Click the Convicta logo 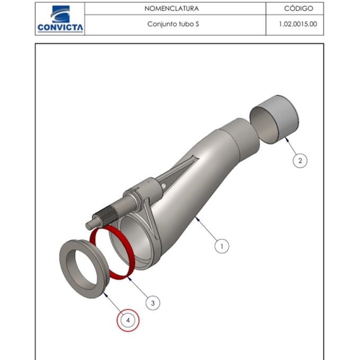[60, 19]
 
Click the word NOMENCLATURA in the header [172, 8]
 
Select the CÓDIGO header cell [295, 8]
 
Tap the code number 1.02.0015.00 [298, 24]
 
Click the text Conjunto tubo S [173, 24]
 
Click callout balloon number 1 [222, 246]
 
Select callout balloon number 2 [300, 161]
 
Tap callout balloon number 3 [153, 303]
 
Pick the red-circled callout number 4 [128, 320]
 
